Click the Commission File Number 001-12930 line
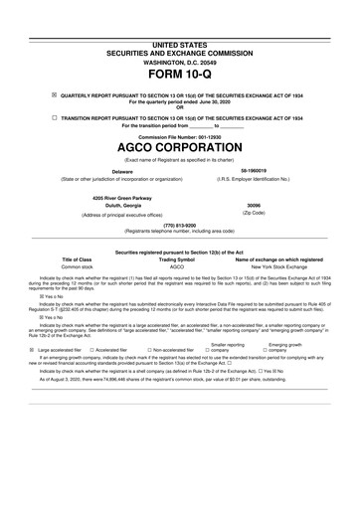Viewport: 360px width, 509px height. (179, 151)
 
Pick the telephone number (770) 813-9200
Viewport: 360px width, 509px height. (179, 253)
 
